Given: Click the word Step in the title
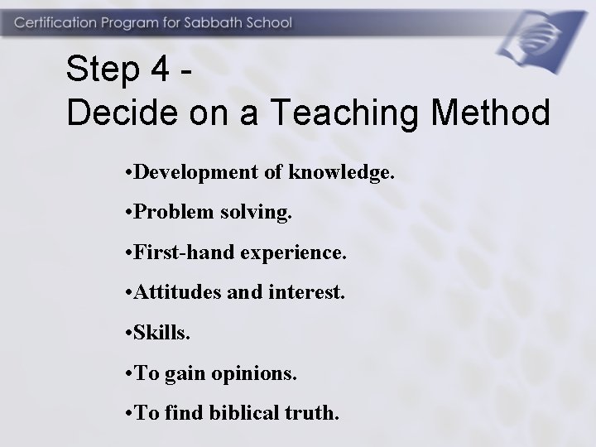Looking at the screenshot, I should pos(103,70).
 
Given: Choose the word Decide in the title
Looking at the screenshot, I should pos(119,113).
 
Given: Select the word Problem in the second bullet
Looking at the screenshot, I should pos(166,213).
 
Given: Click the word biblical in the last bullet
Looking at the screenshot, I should pos(241,411).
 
